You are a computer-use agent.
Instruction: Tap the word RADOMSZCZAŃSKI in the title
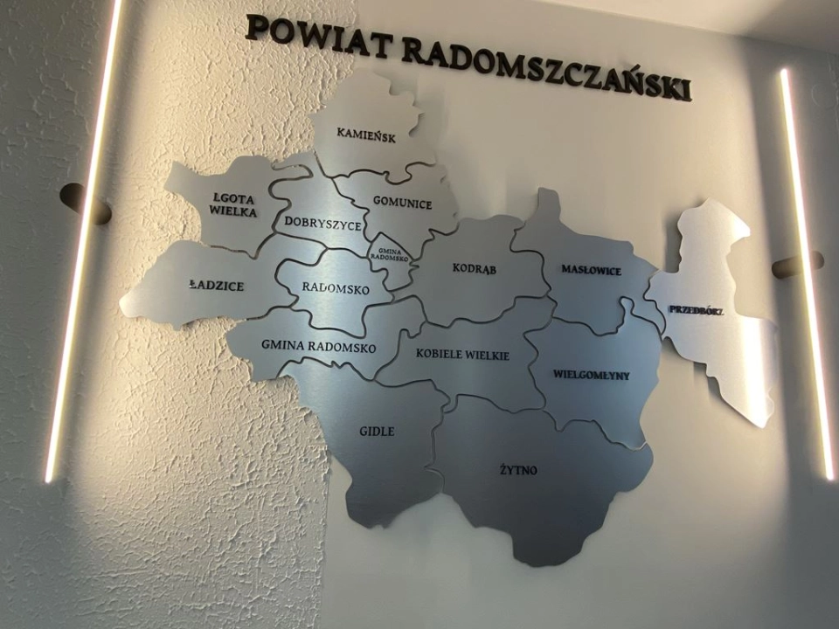click(547, 66)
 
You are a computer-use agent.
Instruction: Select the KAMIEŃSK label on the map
click(366, 135)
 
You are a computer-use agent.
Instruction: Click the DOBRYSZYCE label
click(322, 225)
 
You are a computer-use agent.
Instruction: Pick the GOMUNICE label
click(402, 204)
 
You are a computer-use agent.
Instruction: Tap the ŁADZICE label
click(216, 286)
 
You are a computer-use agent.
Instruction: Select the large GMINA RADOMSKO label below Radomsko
click(318, 347)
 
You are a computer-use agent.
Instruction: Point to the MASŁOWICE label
click(591, 271)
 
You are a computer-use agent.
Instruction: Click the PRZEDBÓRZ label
click(696, 309)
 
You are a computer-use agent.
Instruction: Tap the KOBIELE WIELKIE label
click(462, 354)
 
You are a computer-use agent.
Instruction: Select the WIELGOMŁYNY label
click(591, 375)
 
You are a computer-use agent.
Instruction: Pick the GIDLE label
click(377, 432)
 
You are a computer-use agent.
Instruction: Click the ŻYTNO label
click(519, 471)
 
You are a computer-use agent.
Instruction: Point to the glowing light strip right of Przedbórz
click(806, 271)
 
